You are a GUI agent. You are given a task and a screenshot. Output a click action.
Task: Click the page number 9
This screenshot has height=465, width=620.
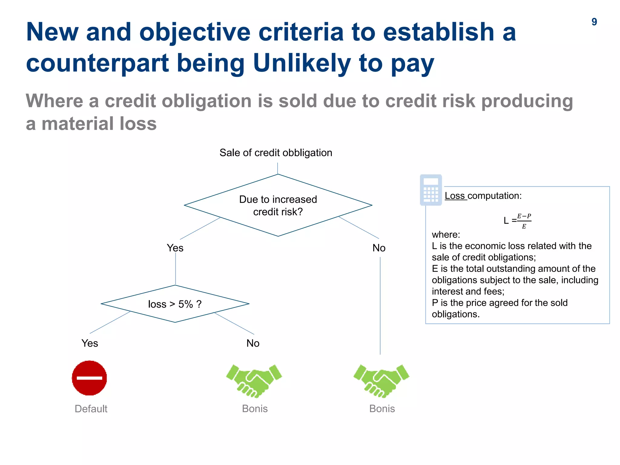pyautogui.click(x=594, y=22)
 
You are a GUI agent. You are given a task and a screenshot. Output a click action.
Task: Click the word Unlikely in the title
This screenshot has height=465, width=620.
pyautogui.click(x=302, y=63)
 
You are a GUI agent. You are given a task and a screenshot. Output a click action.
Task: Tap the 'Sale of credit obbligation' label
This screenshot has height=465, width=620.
pyautogui.click(x=275, y=153)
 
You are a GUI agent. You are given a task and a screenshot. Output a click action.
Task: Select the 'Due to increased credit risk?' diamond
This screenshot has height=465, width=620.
pyautogui.click(x=278, y=205)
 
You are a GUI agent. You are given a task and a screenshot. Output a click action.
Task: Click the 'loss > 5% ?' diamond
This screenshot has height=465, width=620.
pyautogui.click(x=175, y=304)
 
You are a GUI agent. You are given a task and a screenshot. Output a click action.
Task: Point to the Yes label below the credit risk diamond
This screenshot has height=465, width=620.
pyautogui.click(x=175, y=248)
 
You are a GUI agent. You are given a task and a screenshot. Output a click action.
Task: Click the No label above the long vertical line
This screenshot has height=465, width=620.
pyautogui.click(x=379, y=248)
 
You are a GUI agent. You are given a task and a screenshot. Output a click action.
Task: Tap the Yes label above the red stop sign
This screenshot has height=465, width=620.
pyautogui.click(x=90, y=343)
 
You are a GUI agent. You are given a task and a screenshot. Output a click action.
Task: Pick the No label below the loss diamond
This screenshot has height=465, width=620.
pyautogui.click(x=253, y=343)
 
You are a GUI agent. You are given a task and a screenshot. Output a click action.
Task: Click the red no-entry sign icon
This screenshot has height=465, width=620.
pyautogui.click(x=89, y=378)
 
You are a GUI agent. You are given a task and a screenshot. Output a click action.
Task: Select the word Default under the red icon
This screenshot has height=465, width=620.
pyautogui.click(x=91, y=409)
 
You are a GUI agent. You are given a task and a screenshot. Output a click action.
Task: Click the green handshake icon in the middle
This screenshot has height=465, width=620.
pyautogui.click(x=254, y=380)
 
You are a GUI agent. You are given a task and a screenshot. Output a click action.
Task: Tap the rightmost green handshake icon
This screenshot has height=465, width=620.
pyautogui.click(x=381, y=380)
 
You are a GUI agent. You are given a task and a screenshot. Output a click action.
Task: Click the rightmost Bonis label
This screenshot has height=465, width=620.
pyautogui.click(x=382, y=409)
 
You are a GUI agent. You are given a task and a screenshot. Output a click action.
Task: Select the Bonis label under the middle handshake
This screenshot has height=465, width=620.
pyautogui.click(x=255, y=409)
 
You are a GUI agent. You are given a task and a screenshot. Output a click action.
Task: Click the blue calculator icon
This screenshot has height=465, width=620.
pyautogui.click(x=431, y=190)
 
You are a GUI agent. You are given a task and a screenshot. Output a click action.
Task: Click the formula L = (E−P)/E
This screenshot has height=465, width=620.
pyautogui.click(x=517, y=221)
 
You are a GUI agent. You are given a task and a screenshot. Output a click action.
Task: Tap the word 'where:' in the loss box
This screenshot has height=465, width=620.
pyautogui.click(x=446, y=235)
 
